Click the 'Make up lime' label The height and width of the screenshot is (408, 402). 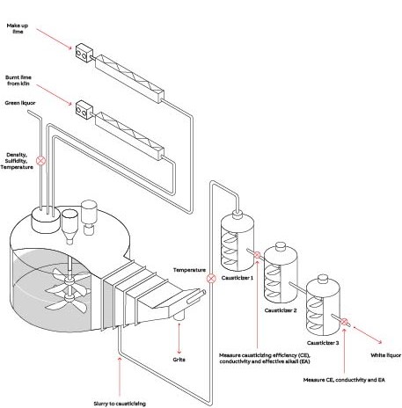click(x=18, y=28)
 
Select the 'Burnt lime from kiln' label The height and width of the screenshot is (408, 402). click(x=18, y=80)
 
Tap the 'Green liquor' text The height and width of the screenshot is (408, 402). click(x=20, y=103)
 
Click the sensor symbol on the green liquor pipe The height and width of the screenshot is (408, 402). click(x=41, y=160)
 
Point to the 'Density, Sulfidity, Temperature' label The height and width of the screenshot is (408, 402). click(x=17, y=161)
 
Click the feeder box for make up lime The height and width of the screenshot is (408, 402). click(x=84, y=53)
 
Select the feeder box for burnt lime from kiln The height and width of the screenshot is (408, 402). click(x=84, y=110)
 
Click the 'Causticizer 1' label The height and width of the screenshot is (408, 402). click(x=238, y=278)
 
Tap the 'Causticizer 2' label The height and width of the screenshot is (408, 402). click(x=281, y=310)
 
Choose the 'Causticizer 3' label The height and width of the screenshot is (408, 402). click(x=323, y=343)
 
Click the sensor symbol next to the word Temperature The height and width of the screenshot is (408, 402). click(x=211, y=279)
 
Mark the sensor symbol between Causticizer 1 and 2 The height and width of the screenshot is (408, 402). click(x=257, y=255)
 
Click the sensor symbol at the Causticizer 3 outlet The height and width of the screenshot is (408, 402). click(x=344, y=322)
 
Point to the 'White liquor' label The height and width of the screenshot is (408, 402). click(x=385, y=355)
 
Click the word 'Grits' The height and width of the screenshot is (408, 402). click(x=179, y=360)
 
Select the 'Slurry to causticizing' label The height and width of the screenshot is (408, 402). click(x=120, y=404)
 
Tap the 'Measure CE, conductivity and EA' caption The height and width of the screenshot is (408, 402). click(x=344, y=380)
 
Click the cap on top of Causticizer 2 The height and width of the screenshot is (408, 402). click(x=281, y=246)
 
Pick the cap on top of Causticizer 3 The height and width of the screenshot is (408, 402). click(x=323, y=279)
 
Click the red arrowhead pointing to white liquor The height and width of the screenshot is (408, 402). click(x=380, y=342)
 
